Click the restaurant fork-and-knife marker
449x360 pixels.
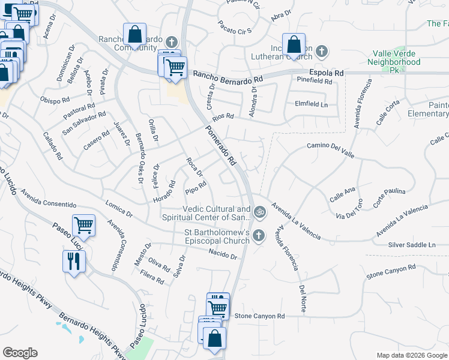[74, 262]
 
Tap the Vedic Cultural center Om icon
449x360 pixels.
[259, 211]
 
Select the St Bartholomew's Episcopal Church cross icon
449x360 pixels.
[259, 235]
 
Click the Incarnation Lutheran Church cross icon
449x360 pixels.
[322, 51]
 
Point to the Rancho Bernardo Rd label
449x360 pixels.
[228, 77]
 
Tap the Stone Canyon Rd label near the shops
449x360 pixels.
[259, 316]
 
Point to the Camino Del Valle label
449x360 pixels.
[330, 146]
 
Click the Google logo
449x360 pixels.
[20, 353]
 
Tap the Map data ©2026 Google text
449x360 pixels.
[411, 355]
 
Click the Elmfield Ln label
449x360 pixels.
[312, 104]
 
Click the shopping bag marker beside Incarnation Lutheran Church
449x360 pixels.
[294, 45]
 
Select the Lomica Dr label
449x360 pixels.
[118, 209]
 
